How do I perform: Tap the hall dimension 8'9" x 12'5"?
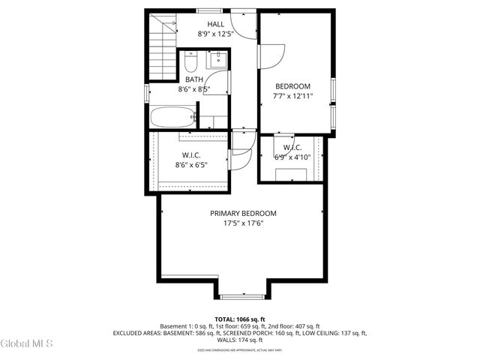pyautogui.click(x=216, y=34)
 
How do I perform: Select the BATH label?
pyautogui.click(x=193, y=79)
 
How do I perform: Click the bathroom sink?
pyautogui.click(x=217, y=60)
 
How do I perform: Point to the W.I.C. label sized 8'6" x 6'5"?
pyautogui.click(x=190, y=155)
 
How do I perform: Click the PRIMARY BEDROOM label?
pyautogui.click(x=243, y=213)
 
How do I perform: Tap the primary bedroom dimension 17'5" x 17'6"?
pyautogui.click(x=243, y=223)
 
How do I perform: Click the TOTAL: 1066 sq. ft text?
pyautogui.click(x=240, y=319)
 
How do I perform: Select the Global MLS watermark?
pyautogui.click(x=27, y=344)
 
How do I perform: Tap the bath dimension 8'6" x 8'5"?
pyautogui.click(x=193, y=89)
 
